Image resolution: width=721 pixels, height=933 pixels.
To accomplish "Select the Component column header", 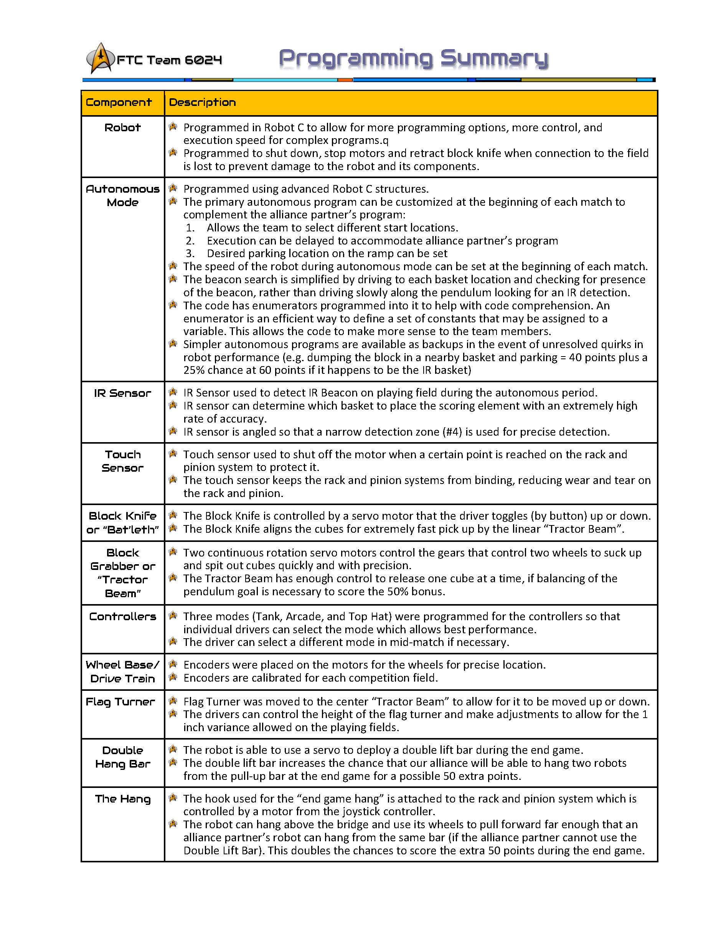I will coord(119,102).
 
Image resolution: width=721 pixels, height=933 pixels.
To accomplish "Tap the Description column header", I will coord(203,102).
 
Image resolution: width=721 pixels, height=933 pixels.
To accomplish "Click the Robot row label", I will coord(122,128).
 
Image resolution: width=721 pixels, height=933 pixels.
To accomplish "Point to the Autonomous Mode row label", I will coord(122,196).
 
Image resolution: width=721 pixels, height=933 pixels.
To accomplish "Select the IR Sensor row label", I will coord(122,393).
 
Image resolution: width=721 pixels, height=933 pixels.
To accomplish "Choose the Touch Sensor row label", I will coord(122,461).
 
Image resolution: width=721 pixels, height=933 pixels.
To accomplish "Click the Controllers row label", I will coord(122,617).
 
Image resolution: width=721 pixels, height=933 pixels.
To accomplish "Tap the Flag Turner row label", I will coord(120,702).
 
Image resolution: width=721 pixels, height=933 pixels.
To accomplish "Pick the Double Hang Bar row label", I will coord(122,757).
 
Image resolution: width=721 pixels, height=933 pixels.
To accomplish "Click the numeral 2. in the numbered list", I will coord(190,241).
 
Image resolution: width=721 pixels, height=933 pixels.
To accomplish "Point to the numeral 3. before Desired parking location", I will coord(190,254).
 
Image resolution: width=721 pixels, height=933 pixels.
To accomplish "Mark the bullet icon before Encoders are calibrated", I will coord(173,677).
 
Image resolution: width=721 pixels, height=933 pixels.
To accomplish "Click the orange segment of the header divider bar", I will coord(345,80).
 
